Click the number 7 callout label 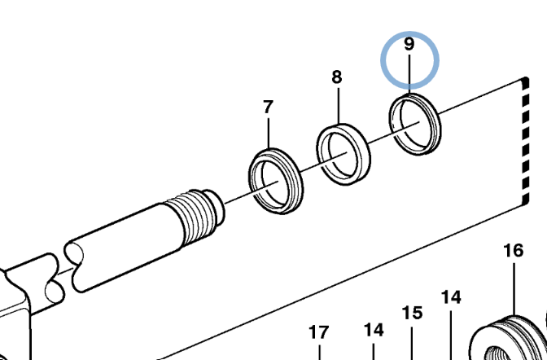268,106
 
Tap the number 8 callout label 337,77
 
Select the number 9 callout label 409,44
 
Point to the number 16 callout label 514,250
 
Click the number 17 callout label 318,332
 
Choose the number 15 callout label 413,313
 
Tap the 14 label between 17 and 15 373,330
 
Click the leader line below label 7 268,131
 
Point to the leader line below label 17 318,351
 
